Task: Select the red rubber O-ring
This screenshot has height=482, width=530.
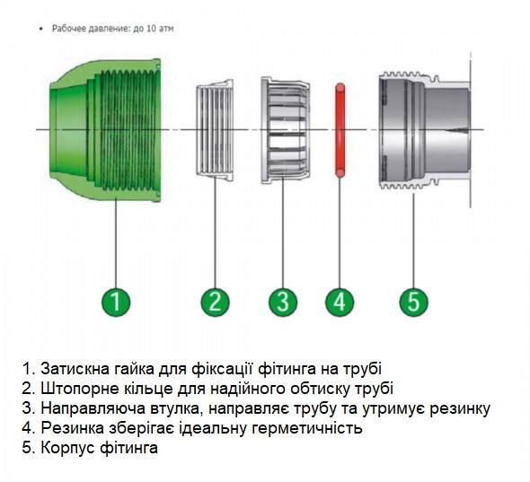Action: coord(340,131)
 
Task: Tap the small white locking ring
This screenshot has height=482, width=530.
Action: coord(216,131)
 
